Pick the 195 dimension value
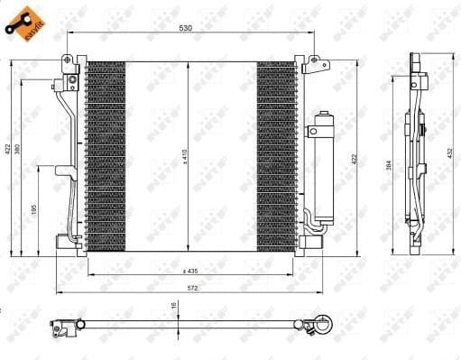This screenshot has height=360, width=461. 34,209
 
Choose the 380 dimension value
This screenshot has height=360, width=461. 20,149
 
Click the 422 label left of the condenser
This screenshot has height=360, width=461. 7,149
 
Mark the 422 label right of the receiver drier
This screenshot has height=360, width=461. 355,159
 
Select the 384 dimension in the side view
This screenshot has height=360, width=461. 389,165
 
